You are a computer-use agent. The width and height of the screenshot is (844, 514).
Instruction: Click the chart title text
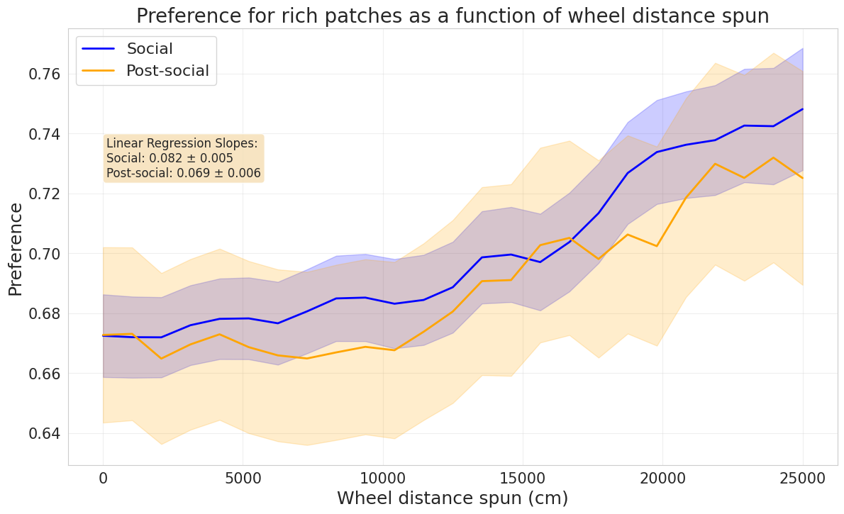click(x=452, y=16)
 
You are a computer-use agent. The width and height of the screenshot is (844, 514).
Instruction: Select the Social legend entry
click(x=149, y=49)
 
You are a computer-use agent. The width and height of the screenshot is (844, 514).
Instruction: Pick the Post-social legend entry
click(x=167, y=71)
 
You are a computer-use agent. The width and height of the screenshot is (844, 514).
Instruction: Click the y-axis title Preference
click(x=16, y=249)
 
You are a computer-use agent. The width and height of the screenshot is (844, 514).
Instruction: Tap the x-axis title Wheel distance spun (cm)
click(x=452, y=498)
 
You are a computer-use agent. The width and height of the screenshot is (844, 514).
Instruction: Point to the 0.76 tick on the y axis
click(x=45, y=74)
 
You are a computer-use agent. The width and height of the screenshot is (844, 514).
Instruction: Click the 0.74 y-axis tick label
click(x=45, y=134)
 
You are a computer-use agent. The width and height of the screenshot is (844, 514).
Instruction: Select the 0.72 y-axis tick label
click(x=45, y=194)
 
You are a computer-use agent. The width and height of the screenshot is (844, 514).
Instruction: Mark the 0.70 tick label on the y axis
click(x=45, y=254)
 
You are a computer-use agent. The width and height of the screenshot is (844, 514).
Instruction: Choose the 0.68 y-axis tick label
click(x=45, y=313)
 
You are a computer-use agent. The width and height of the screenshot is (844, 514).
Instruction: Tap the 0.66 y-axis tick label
click(x=45, y=373)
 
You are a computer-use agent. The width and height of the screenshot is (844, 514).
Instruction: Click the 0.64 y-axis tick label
click(x=45, y=433)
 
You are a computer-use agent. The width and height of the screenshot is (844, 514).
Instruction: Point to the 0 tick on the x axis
click(x=104, y=479)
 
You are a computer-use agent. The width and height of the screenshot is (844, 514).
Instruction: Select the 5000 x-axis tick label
click(x=243, y=479)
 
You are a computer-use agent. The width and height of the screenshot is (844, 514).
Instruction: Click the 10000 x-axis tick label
click(x=383, y=479)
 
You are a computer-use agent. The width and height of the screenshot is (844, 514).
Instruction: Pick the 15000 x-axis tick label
click(x=523, y=479)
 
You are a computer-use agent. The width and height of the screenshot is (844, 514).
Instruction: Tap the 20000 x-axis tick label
click(x=662, y=479)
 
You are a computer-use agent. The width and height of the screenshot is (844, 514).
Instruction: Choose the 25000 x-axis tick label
click(x=802, y=479)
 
